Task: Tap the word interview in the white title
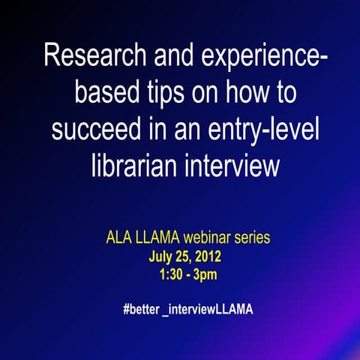pos(228,164)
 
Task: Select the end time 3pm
pos(203,274)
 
